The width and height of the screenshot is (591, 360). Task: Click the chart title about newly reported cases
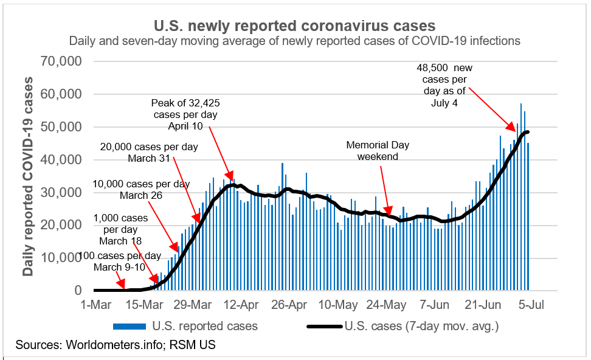point(295,26)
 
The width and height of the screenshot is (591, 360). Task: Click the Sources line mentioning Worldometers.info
point(116,345)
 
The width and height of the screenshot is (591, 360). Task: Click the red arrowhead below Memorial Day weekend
point(390,213)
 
